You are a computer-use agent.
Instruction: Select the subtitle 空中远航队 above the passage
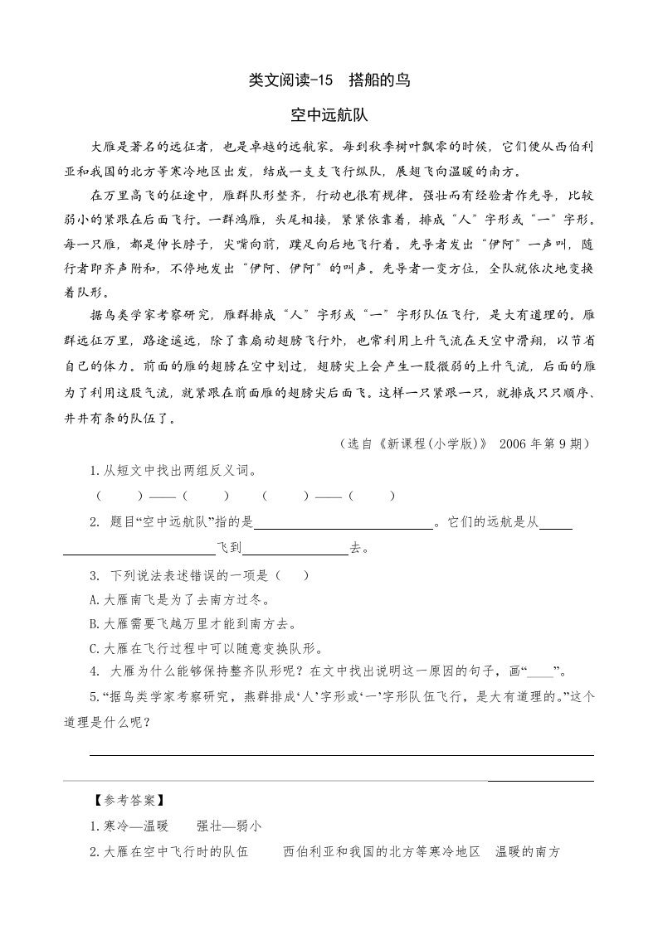329,114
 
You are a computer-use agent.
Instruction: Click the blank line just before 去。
295,548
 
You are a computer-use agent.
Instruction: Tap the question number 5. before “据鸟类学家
94,697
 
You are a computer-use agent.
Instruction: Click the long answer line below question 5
341,754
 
